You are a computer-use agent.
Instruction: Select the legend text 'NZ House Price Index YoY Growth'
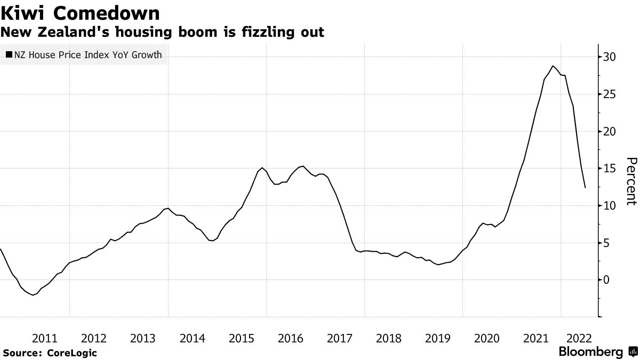tap(88, 54)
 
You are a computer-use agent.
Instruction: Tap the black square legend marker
tap(9, 54)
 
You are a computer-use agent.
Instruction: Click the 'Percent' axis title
tap(631, 181)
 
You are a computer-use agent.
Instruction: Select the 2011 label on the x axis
tap(45, 338)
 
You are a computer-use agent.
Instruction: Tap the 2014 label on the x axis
tap(192, 338)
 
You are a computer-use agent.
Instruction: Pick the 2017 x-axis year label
tap(340, 338)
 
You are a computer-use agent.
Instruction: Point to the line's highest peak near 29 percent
tap(553, 66)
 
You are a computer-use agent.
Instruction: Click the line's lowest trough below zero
tap(33, 295)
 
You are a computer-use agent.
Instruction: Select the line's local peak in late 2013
tap(168, 208)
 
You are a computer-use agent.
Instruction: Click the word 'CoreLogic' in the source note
tap(72, 353)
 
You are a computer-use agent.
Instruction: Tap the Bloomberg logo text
tap(590, 352)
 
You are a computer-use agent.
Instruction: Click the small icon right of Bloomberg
tap(633, 352)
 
